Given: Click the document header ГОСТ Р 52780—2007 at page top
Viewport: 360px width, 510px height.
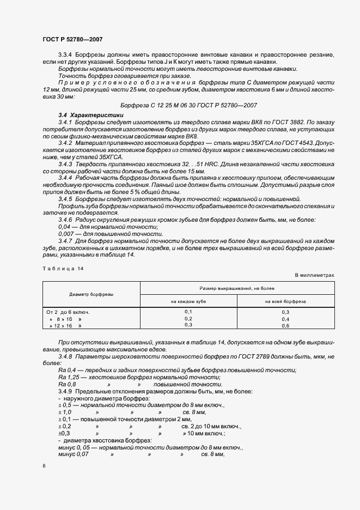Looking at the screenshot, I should pyautogui.click(x=72, y=39).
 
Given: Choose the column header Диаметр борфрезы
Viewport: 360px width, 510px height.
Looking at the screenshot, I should pyautogui.click(x=91, y=294).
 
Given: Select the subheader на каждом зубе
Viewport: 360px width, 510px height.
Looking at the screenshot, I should pyautogui.click(x=188, y=301).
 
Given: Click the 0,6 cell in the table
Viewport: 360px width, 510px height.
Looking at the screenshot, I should pyautogui.click(x=285, y=325).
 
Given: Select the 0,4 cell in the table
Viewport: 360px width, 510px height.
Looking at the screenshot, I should pyautogui.click(x=285, y=319).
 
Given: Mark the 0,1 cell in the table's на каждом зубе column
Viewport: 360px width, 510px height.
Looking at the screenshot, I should pyautogui.click(x=188, y=312).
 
